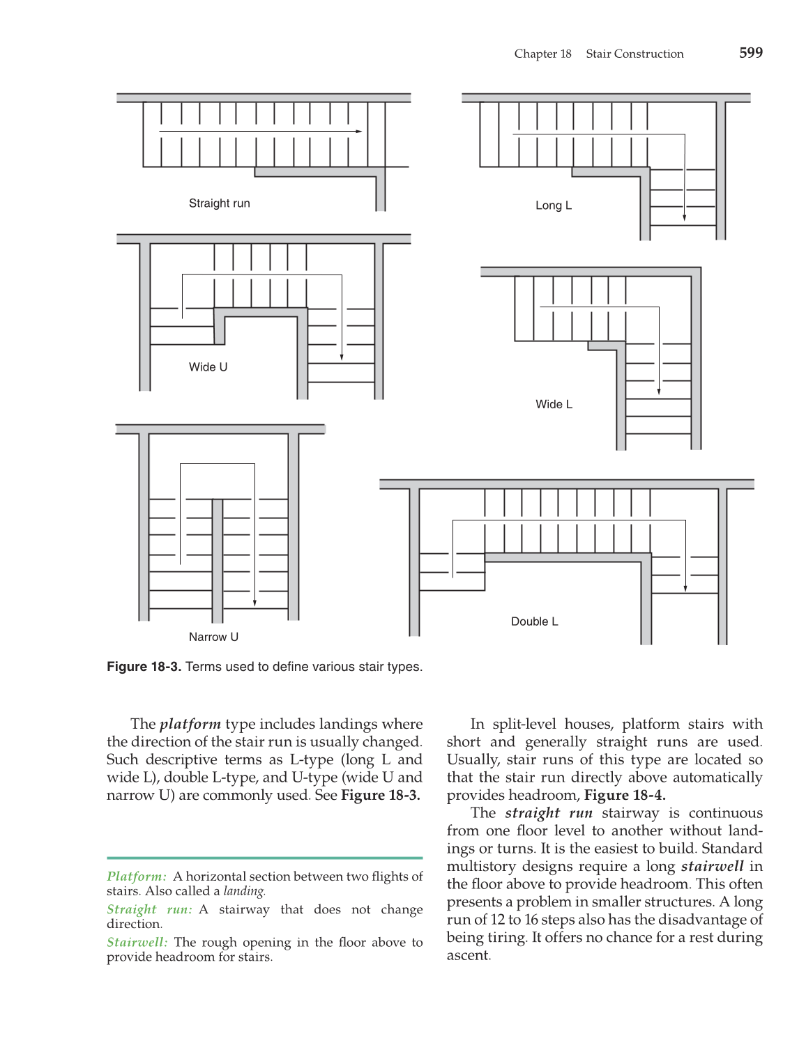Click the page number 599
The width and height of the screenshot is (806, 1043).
(750, 53)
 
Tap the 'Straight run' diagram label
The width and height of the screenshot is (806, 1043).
(219, 203)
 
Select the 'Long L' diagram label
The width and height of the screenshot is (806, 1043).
(553, 206)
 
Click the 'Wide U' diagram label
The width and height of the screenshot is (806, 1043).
(208, 367)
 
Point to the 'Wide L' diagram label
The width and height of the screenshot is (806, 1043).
(554, 404)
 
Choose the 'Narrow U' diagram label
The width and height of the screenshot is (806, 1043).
(213, 637)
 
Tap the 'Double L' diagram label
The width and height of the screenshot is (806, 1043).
(534, 621)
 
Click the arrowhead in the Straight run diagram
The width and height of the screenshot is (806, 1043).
(358, 131)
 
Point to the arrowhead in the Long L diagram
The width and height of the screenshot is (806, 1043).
(684, 217)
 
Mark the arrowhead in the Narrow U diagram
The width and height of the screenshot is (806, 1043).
(255, 602)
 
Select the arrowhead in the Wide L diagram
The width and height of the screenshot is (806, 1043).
(658, 392)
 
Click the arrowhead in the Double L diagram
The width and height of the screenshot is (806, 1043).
(685, 588)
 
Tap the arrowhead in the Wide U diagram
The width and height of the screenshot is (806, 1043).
(342, 357)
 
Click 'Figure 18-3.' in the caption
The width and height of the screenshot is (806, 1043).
(144, 667)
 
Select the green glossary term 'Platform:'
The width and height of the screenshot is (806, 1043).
(137, 876)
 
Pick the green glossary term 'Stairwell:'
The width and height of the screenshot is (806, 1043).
(137, 942)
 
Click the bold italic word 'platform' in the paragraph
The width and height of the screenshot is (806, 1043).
(190, 724)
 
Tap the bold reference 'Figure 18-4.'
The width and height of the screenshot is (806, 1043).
(624, 795)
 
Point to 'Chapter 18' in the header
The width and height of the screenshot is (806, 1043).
(542, 54)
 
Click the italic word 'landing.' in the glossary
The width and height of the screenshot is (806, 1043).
(244, 891)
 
